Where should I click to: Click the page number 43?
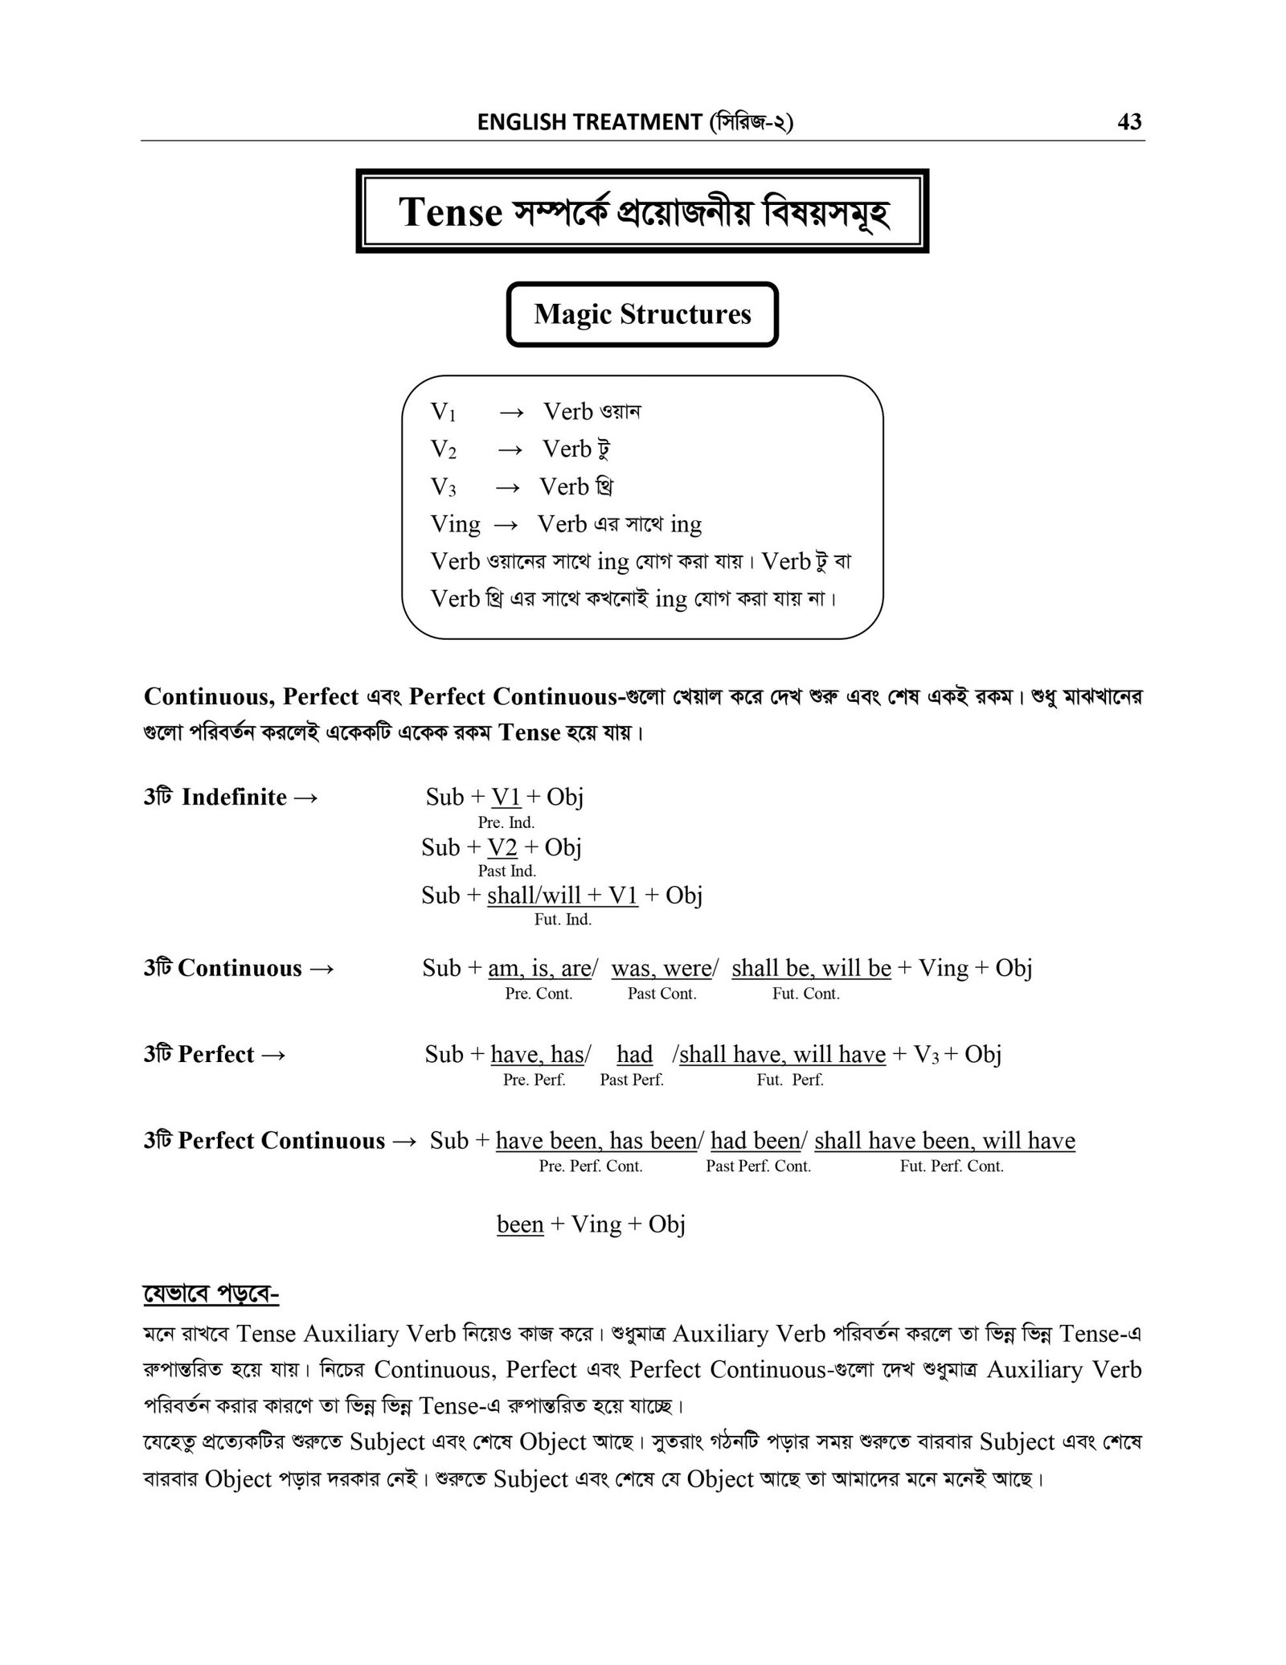[x=1129, y=122]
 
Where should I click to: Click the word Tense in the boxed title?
[x=450, y=212]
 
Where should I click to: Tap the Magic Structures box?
[x=642, y=314]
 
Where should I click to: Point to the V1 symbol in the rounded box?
[x=443, y=412]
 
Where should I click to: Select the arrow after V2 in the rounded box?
[x=510, y=449]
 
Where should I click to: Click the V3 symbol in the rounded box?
[x=443, y=487]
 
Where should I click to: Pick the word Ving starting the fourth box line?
[x=455, y=524]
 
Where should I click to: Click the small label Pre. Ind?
[x=506, y=822]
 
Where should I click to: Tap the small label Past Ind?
[x=506, y=871]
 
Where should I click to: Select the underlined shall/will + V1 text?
[x=563, y=895]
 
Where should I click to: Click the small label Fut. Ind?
[x=563, y=920]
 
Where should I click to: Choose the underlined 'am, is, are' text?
[x=539, y=968]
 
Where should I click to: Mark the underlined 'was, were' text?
[x=661, y=968]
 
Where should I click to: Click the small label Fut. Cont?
[x=805, y=994]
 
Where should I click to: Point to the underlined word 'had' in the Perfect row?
[x=634, y=1054]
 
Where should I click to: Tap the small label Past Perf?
[x=631, y=1080]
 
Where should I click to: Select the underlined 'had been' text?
[x=756, y=1141]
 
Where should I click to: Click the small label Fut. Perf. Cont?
[x=952, y=1167]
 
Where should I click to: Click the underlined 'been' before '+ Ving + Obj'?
[x=520, y=1224]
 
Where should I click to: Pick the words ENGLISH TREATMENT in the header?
[x=589, y=122]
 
